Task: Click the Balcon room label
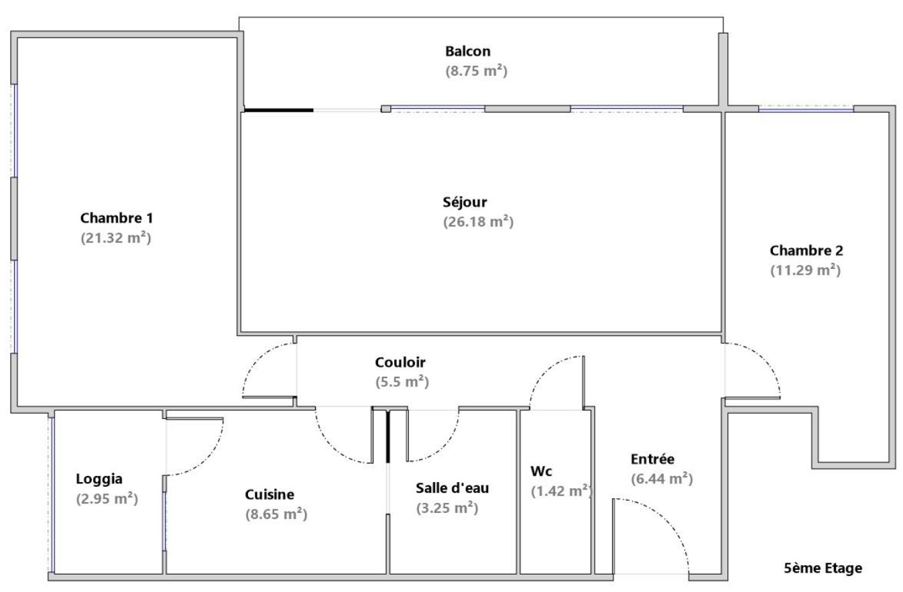click(468, 51)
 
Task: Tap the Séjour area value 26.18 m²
click(478, 222)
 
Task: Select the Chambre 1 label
click(117, 218)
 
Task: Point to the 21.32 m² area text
click(116, 238)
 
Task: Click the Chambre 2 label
click(806, 251)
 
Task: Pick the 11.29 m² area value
click(805, 270)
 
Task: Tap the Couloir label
click(400, 362)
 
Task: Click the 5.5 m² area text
click(402, 382)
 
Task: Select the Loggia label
click(99, 479)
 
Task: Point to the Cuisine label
click(269, 494)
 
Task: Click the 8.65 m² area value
click(276, 515)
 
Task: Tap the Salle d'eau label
click(453, 488)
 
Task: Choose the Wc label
click(541, 471)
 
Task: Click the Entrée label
click(652, 459)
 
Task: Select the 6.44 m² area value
click(662, 479)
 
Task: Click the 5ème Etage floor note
click(823, 569)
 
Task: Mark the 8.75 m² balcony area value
click(476, 71)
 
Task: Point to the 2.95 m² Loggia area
click(107, 499)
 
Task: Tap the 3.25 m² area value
click(447, 508)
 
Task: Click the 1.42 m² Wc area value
click(561, 491)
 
